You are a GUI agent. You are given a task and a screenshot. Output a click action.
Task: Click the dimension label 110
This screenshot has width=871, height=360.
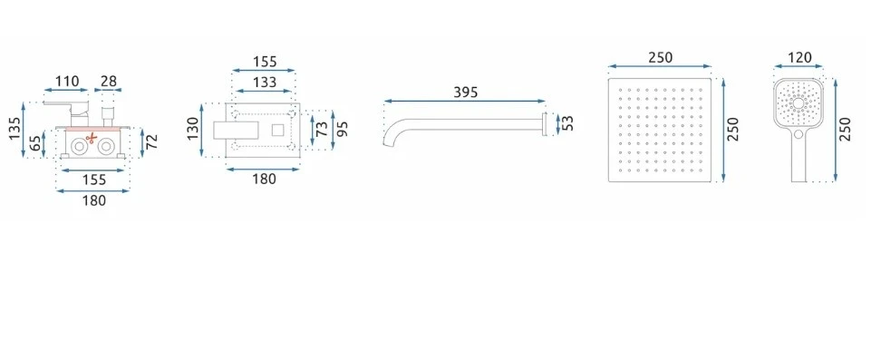click(x=67, y=81)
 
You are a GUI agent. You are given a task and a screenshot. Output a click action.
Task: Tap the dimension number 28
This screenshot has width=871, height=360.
click(x=110, y=81)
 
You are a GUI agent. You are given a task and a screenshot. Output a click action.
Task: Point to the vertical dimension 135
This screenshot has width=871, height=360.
click(x=15, y=129)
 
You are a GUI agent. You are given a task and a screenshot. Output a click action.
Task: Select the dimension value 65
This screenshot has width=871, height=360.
click(x=35, y=143)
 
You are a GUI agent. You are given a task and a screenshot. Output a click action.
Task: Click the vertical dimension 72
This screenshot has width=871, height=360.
click(x=152, y=141)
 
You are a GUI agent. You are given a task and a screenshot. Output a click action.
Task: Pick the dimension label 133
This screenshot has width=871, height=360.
click(x=265, y=83)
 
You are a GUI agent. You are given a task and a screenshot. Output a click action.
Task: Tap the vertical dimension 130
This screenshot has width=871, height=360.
click(x=193, y=130)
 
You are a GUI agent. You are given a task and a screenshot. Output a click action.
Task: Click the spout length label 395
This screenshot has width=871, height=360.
click(x=466, y=92)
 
